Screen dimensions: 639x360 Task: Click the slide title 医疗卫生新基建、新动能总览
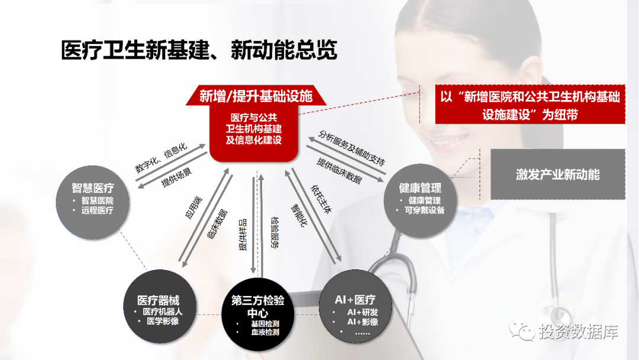(199, 50)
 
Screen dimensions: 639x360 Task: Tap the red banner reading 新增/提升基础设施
(256, 96)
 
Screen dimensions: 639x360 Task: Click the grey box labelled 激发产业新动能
(558, 175)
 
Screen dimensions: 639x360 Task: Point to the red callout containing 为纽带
(530, 105)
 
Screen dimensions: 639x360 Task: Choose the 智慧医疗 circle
(92, 202)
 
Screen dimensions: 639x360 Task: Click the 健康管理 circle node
(420, 201)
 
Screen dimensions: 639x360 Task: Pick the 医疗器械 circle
(160, 306)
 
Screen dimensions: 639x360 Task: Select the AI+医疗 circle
(356, 306)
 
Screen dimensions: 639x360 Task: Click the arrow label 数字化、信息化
(161, 157)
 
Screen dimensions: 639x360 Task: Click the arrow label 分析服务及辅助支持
(351, 147)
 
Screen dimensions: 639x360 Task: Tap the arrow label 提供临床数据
(339, 171)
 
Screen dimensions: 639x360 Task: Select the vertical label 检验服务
(275, 232)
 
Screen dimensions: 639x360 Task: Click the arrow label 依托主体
(321, 199)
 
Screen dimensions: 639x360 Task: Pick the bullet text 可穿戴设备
(424, 210)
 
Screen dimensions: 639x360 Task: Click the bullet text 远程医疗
(97, 210)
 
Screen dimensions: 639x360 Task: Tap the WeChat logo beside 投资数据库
(521, 330)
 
